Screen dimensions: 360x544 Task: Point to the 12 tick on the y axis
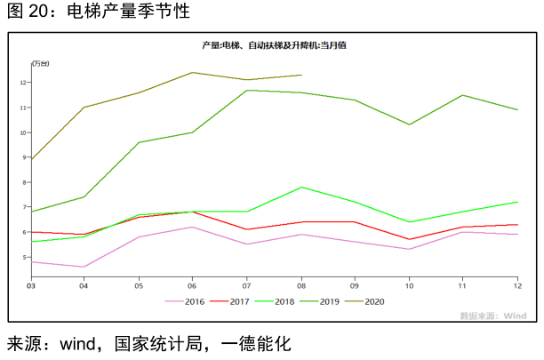pyautogui.click(x=23, y=83)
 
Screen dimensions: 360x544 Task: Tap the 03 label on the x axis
pyautogui.click(x=31, y=285)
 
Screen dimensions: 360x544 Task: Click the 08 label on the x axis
pyautogui.click(x=301, y=285)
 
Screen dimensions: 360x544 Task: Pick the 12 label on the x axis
pyautogui.click(x=517, y=285)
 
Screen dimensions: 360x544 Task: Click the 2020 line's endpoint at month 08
pyautogui.click(x=301, y=76)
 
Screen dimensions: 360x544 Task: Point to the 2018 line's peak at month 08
pyautogui.click(x=301, y=188)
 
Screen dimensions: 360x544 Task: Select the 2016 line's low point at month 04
pyautogui.click(x=84, y=267)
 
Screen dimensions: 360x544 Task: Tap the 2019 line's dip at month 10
pyautogui.click(x=409, y=124)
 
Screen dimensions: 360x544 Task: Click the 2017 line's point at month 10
pyautogui.click(x=409, y=239)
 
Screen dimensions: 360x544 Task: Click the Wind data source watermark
pyautogui.click(x=493, y=315)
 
